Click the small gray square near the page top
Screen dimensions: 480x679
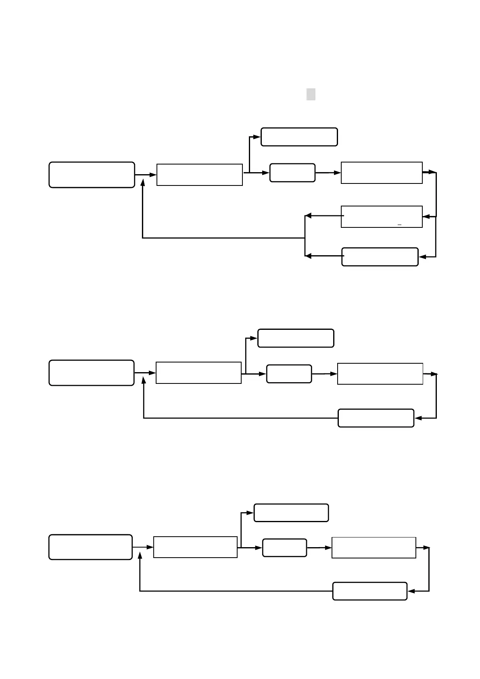click(311, 94)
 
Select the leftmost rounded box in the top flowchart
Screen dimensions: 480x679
click(92, 175)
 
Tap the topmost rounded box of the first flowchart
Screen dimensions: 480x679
click(299, 137)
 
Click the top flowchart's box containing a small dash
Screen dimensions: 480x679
click(382, 217)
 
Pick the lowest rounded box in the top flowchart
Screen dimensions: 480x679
click(380, 257)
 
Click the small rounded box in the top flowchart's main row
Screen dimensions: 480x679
click(292, 173)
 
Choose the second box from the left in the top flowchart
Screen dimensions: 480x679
click(199, 175)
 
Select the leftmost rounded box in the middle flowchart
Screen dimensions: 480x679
click(91, 373)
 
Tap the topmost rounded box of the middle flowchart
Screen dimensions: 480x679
click(296, 338)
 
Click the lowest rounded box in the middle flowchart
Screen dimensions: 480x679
click(376, 418)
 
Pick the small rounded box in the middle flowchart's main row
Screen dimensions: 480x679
click(289, 374)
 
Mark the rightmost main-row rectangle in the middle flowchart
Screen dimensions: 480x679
click(380, 374)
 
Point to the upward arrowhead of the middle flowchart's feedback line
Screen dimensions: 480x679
click(144, 381)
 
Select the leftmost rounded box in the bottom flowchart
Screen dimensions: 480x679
click(90, 547)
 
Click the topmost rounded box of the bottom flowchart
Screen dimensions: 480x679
click(291, 513)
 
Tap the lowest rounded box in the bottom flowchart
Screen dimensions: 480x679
click(369, 591)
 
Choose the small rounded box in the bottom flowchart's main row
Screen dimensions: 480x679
click(284, 548)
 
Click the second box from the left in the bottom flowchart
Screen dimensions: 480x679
click(195, 547)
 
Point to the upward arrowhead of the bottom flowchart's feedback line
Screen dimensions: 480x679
click(140, 556)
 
